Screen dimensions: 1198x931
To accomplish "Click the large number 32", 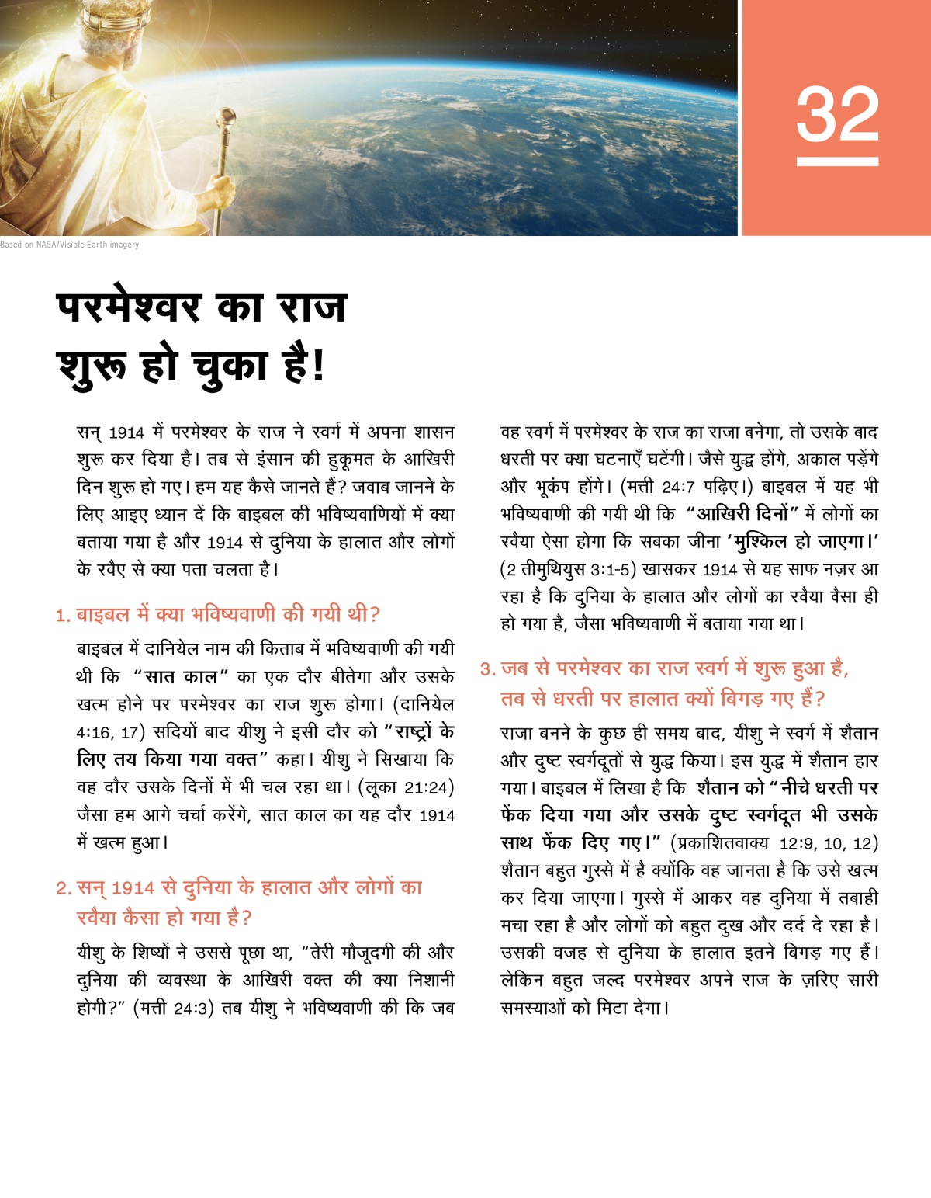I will tap(837, 114).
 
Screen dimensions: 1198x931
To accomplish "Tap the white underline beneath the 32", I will tap(837, 161).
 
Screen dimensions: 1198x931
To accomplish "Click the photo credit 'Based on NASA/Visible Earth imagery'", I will tap(70, 245).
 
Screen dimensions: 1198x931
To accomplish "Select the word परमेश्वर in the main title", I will tap(129, 307).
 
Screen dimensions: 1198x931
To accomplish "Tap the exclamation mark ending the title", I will tap(317, 366).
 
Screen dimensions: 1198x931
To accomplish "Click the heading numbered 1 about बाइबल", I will tap(217, 615).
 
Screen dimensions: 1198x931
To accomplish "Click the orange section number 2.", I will tap(63, 888).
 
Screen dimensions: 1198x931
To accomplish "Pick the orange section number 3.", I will tap(487, 669).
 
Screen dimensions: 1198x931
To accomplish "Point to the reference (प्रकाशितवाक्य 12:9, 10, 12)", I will tap(774, 843).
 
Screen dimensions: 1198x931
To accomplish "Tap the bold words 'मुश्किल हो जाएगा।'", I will tap(806, 542).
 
